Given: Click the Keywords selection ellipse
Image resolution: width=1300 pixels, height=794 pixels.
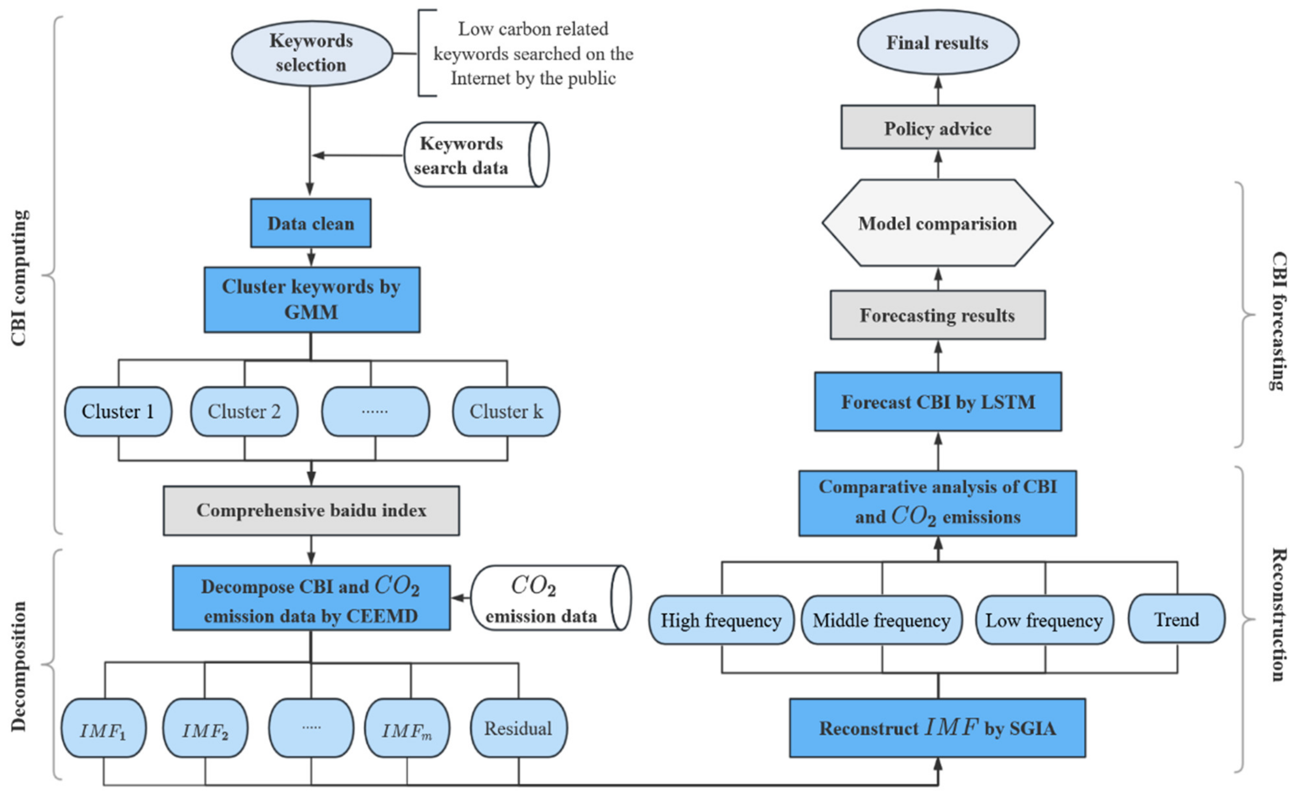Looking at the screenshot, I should point(311,53).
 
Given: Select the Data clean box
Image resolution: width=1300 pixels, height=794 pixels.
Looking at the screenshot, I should point(311,223).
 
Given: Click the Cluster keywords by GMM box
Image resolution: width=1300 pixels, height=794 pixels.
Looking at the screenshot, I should point(312,300).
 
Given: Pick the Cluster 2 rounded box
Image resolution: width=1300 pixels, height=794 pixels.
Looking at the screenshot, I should point(244,411).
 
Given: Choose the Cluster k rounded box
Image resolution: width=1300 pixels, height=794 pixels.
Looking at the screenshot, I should point(506,411).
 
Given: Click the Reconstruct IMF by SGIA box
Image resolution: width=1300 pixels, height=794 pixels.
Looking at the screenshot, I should point(937,728).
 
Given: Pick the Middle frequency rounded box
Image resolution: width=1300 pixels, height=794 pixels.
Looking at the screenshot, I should point(881,620).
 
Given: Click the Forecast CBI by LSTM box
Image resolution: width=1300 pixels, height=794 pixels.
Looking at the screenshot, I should point(937,402).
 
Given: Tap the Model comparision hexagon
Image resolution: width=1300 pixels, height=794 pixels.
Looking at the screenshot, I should point(937,223).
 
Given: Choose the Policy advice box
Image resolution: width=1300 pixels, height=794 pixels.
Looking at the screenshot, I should point(937,128).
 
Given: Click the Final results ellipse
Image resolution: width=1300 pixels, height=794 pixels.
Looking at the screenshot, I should point(937,42).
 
